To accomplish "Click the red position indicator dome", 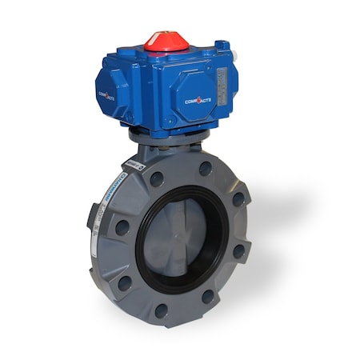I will point(166,41).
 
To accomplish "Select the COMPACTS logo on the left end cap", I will point(106,94).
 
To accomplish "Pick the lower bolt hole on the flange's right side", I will point(238,251).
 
